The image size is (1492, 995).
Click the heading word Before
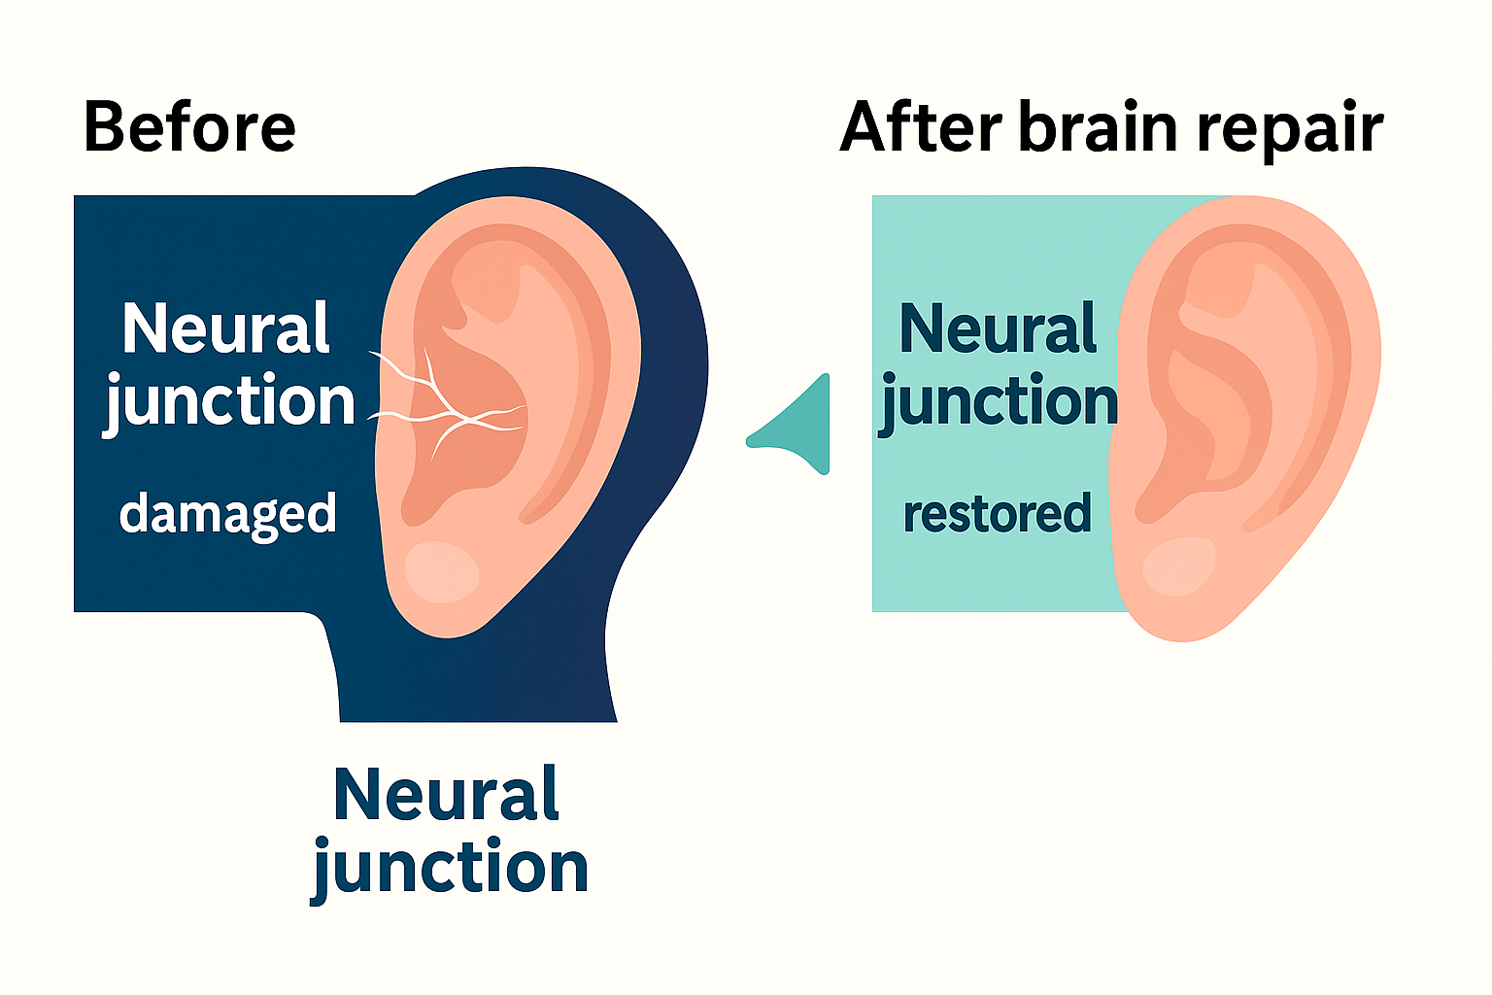pyautogui.click(x=189, y=127)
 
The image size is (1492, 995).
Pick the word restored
pyautogui.click(x=997, y=514)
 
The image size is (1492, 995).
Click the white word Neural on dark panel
pyautogui.click(x=226, y=328)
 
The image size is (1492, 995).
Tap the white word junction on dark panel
pyautogui.click(x=230, y=401)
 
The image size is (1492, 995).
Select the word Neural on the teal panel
pyautogui.click(x=999, y=328)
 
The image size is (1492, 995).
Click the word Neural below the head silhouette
pyautogui.click(x=446, y=795)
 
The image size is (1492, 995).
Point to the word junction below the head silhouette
pyautogui.click(x=450, y=868)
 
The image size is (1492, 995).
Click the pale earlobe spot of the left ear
pyautogui.click(x=442, y=572)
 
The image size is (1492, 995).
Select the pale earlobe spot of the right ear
pyautogui.click(x=1179, y=566)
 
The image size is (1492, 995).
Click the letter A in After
pyautogui.click(x=868, y=127)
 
